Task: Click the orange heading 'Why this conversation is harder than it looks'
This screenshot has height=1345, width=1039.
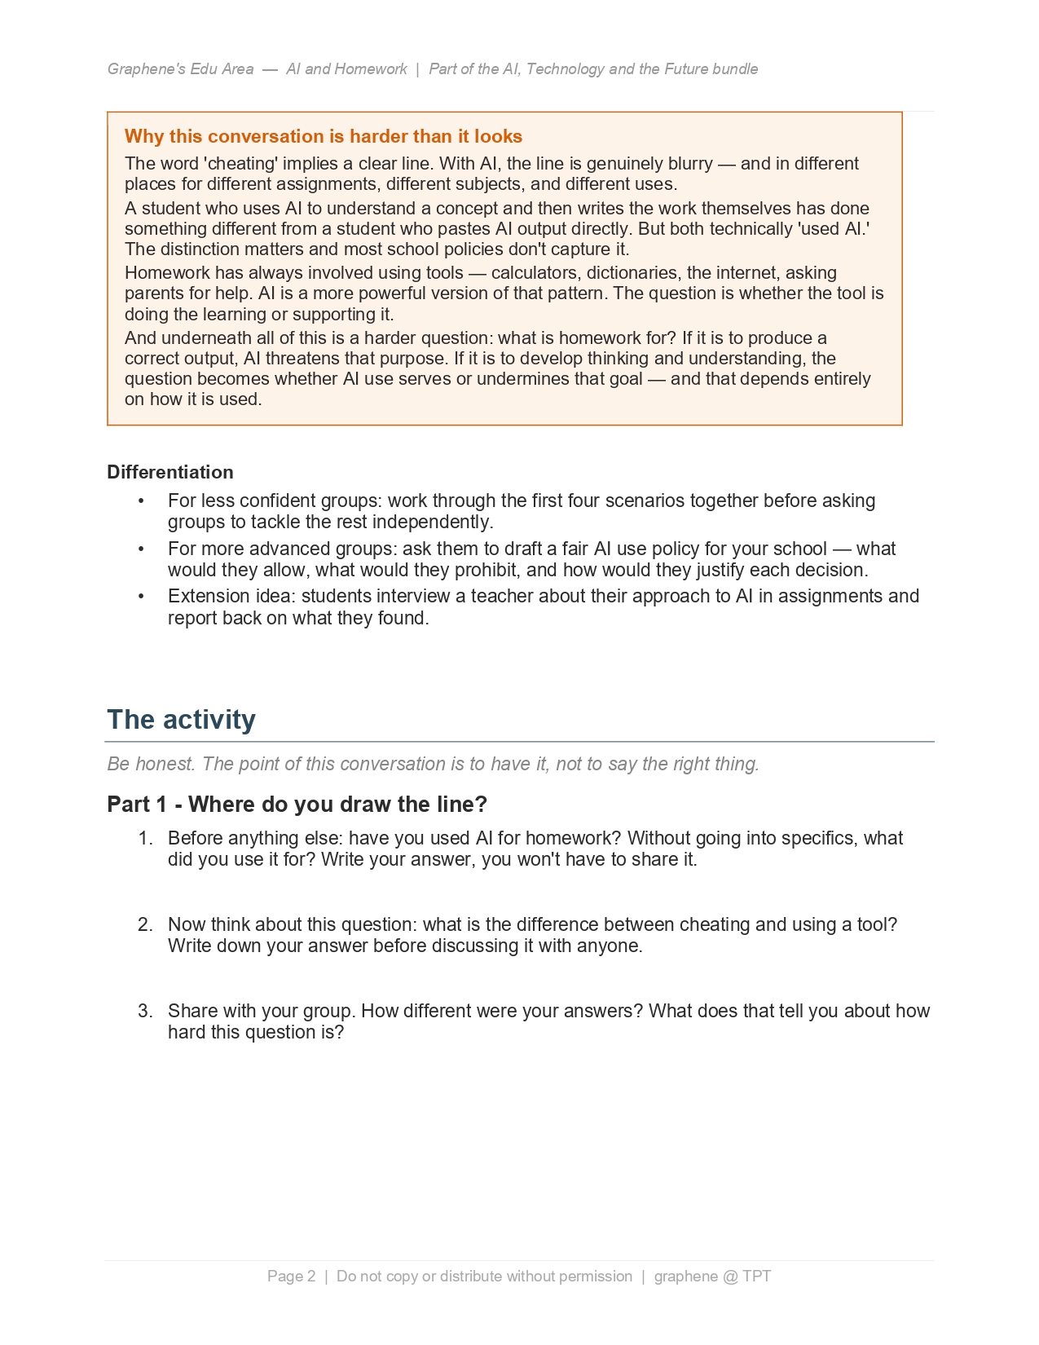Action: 323,136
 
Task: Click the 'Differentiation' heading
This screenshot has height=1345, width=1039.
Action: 169,472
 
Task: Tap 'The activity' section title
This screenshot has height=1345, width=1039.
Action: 181,719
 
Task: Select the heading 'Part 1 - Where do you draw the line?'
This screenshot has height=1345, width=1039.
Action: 297,804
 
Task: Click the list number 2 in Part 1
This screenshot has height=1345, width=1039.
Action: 145,924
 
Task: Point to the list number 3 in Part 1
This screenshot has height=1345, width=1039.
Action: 145,1011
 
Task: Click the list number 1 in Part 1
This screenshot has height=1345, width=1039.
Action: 145,838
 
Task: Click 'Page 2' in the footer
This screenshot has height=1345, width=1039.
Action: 291,1276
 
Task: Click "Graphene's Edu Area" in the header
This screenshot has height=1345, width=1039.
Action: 180,69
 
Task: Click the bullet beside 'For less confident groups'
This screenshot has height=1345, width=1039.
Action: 141,501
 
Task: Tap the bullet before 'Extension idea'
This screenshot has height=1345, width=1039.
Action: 141,596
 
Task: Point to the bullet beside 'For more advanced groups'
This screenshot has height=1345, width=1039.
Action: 141,549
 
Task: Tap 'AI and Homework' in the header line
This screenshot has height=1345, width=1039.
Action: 346,69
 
